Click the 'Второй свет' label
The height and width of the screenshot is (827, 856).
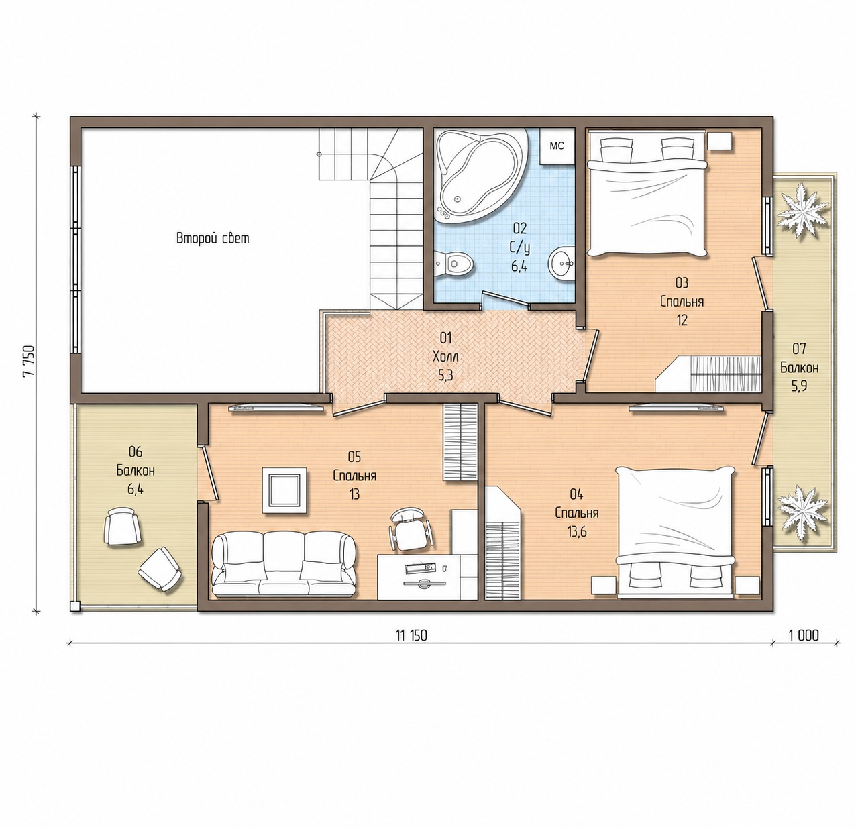(x=213, y=238)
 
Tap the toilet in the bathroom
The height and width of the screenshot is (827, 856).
(x=453, y=264)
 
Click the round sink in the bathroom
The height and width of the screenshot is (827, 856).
(x=561, y=263)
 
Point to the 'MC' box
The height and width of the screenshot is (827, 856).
(x=557, y=146)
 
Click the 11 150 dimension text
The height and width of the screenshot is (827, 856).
(x=411, y=635)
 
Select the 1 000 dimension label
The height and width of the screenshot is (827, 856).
(x=804, y=635)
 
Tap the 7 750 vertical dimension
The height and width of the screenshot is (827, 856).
(x=29, y=362)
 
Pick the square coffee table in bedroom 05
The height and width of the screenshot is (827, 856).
(x=284, y=490)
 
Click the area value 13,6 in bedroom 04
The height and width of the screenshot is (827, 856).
(x=576, y=532)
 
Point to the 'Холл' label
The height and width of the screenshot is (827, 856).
(x=445, y=356)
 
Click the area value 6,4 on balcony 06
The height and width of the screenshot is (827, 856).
(x=135, y=489)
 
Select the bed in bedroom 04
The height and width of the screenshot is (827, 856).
(x=676, y=533)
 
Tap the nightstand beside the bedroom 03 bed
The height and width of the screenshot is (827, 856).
(x=720, y=142)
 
